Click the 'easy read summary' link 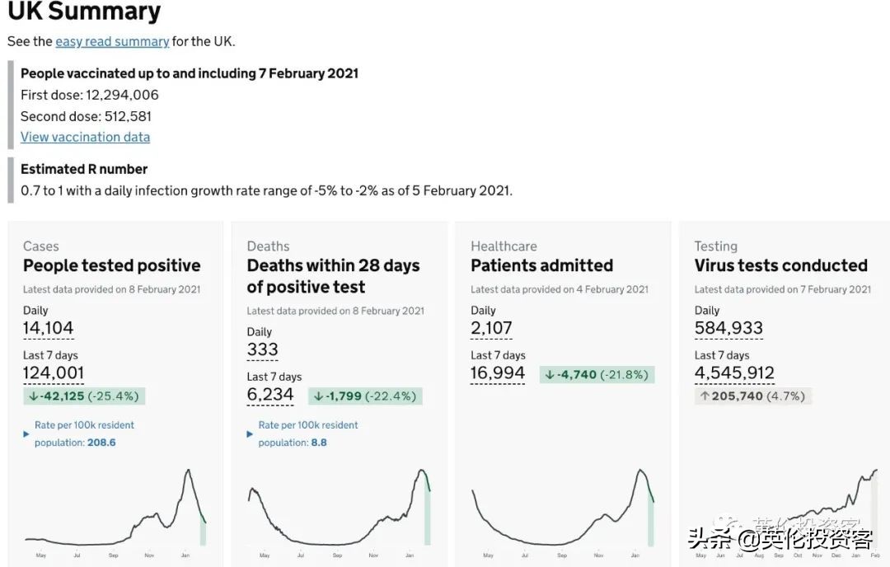coord(112,41)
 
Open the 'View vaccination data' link coord(85,137)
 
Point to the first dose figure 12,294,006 coord(122,95)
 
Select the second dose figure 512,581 coord(128,116)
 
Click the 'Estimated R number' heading coord(84,169)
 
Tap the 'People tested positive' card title coord(112,265)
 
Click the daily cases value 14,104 coord(49,328)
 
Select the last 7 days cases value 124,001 coord(54,373)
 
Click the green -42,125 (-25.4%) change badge coord(84,396)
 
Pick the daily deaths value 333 coord(263,349)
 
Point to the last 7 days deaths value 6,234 coord(270,394)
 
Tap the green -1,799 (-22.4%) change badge coord(366,396)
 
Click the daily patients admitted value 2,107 coord(491,328)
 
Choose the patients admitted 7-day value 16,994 coord(498,373)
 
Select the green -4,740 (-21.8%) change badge coord(597,375)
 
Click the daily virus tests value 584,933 coord(728,328)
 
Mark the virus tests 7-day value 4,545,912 coord(734,373)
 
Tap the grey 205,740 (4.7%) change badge coord(752,396)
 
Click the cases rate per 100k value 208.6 coord(101,443)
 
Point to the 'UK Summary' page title coord(84,12)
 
